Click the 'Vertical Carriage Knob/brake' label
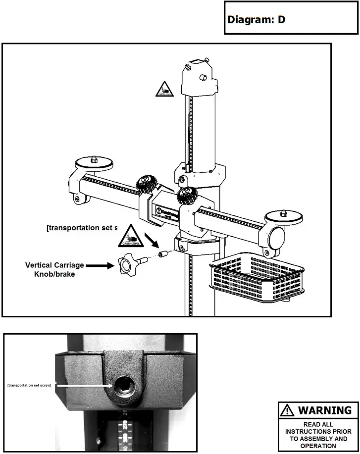click(x=54, y=270)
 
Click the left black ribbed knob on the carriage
click(x=147, y=184)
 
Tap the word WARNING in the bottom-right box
click(x=324, y=410)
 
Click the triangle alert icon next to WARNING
click(x=287, y=410)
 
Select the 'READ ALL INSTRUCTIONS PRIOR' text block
click(x=317, y=435)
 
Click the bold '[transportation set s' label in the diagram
click(x=82, y=228)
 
